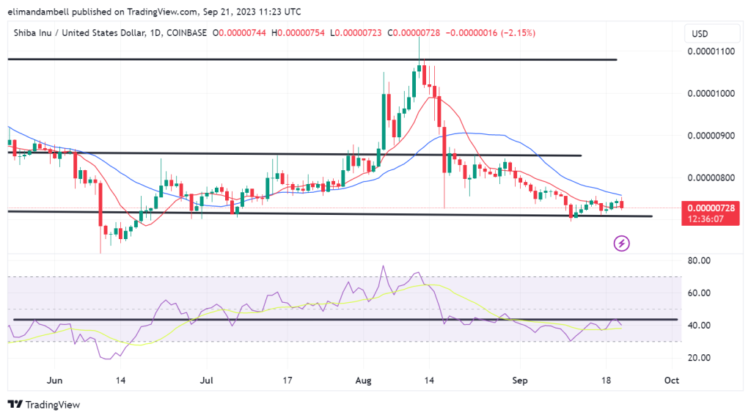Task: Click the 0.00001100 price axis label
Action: click(x=709, y=51)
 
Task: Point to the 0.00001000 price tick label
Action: click(x=709, y=93)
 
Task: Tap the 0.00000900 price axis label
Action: click(x=709, y=136)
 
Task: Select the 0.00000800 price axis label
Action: click(x=709, y=177)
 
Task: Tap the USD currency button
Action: click(x=700, y=34)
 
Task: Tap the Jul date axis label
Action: click(x=207, y=381)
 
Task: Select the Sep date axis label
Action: click(x=520, y=381)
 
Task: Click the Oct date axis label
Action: click(x=670, y=381)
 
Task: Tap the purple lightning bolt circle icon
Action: click(x=622, y=243)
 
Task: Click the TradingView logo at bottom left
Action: click(x=43, y=404)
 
